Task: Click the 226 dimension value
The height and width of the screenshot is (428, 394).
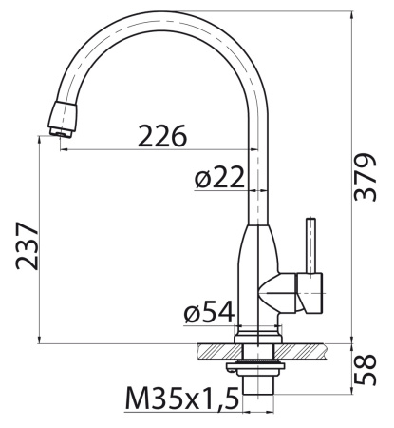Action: pyautogui.click(x=162, y=136)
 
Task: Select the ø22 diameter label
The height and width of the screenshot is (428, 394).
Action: pyautogui.click(x=220, y=177)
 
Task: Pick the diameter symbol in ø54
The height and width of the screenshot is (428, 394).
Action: pyautogui.click(x=191, y=313)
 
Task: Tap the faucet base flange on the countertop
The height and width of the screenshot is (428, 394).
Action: pyautogui.click(x=259, y=333)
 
